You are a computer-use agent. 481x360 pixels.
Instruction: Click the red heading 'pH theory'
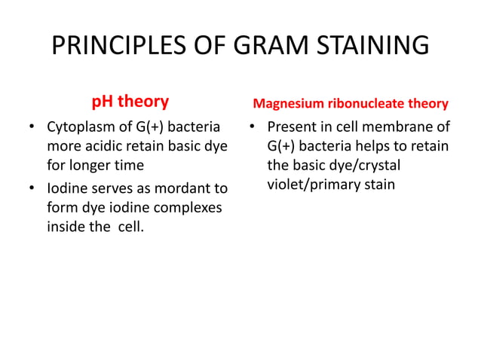coord(130,101)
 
